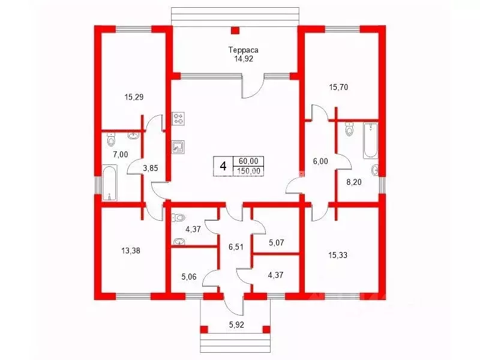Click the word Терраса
(x=244, y=50)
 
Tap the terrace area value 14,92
(x=244, y=59)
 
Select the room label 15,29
(x=134, y=97)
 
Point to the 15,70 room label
(x=338, y=87)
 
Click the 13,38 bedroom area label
(x=131, y=251)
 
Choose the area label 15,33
(x=338, y=255)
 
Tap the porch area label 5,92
(x=236, y=325)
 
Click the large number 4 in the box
(x=223, y=167)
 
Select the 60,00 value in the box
(x=248, y=161)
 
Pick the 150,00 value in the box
(x=248, y=171)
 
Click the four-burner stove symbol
(x=178, y=118)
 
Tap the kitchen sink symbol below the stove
(x=178, y=147)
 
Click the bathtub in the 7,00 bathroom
(x=110, y=183)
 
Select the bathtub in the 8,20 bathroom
(x=371, y=140)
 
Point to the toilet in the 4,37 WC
(x=178, y=218)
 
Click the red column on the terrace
(x=235, y=31)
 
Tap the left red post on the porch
(x=204, y=329)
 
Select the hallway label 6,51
(x=236, y=247)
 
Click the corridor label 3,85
(x=151, y=168)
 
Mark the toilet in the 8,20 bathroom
(x=349, y=130)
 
